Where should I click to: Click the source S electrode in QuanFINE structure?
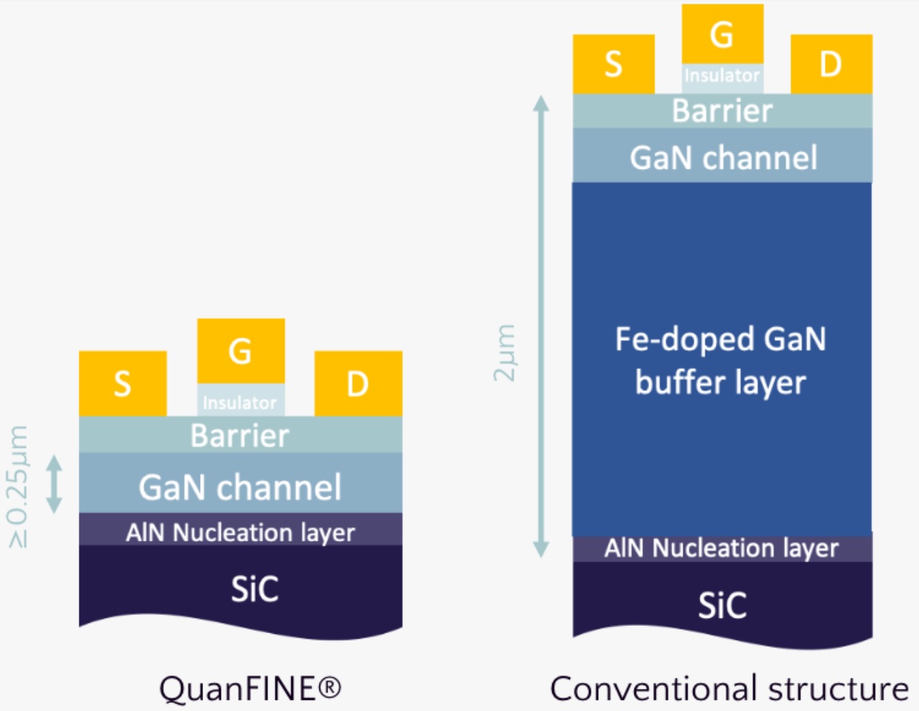pos(122,384)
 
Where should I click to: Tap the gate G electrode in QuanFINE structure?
pos(241,350)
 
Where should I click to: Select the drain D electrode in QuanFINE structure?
pos(358,384)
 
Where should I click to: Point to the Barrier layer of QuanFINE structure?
pos(240,435)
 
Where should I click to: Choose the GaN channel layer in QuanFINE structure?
pos(240,487)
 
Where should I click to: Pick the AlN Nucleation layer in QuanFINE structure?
pos(240,532)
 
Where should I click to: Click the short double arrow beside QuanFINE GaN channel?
pos(54,484)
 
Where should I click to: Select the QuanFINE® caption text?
pos(250,688)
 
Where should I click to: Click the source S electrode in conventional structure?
pos(613,64)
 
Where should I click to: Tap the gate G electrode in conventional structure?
pos(722,33)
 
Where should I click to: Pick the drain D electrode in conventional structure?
pos(831,64)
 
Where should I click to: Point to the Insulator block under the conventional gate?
pos(722,76)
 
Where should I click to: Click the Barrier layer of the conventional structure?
pos(722,110)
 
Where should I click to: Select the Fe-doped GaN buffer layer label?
pos(720,361)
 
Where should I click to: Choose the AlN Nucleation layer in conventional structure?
pos(721,548)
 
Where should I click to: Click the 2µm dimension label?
pos(505,353)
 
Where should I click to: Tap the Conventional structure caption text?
pos(729,688)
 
